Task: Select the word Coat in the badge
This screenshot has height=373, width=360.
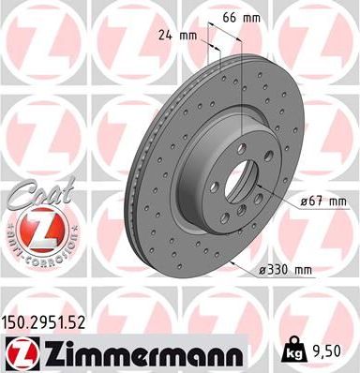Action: (27, 197)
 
